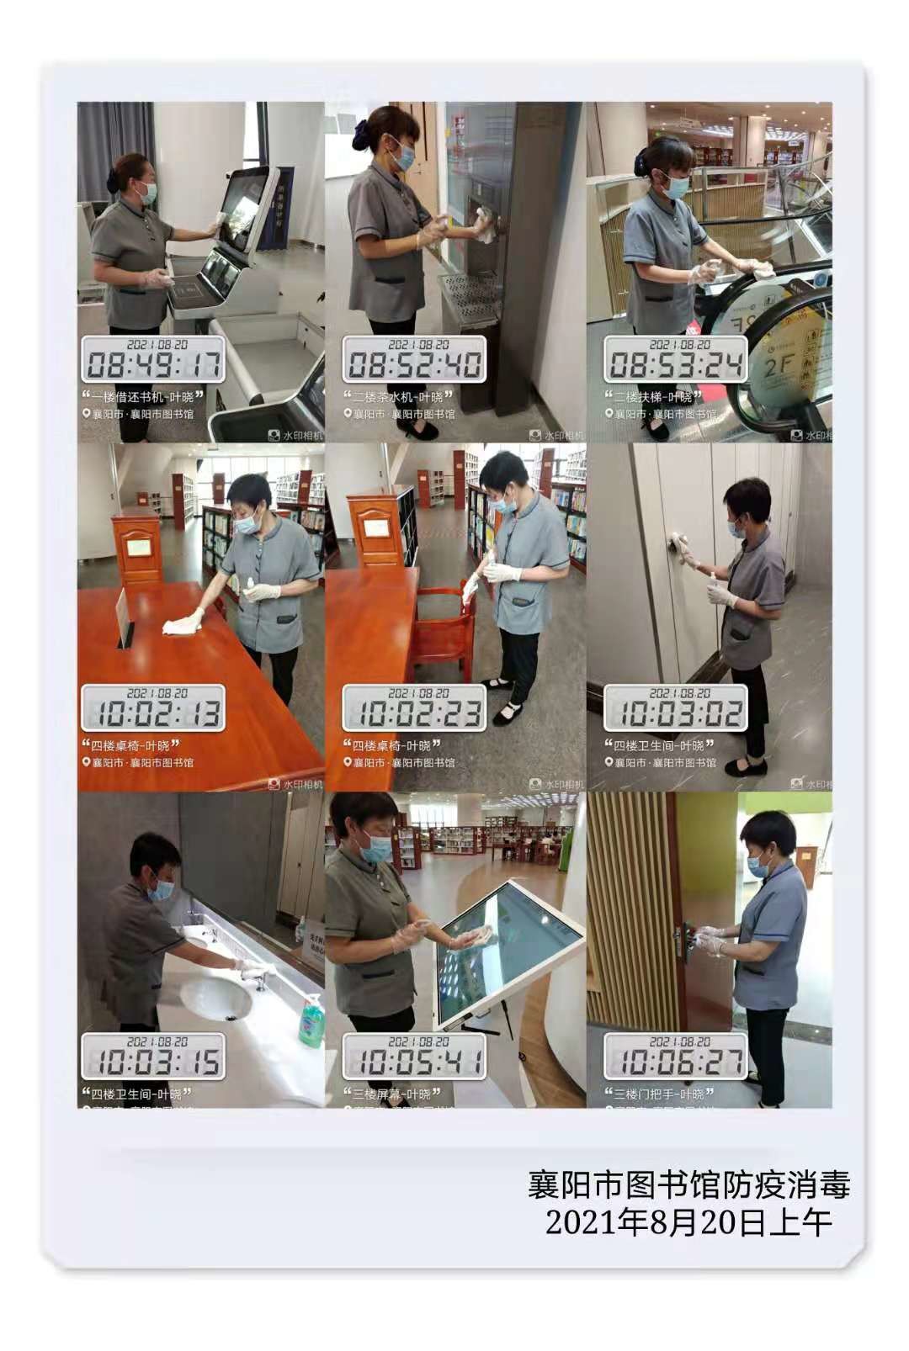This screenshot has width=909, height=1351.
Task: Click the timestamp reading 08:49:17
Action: tap(153, 364)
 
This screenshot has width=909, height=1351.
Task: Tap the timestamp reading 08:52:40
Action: tap(414, 364)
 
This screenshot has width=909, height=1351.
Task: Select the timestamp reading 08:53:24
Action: tap(676, 364)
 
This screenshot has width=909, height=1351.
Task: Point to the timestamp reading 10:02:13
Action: tap(153, 713)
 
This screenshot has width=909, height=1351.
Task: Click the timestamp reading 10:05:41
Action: tap(414, 1062)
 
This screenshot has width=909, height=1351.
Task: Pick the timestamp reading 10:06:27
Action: tap(676, 1062)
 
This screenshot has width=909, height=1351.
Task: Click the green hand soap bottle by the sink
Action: tap(311, 1021)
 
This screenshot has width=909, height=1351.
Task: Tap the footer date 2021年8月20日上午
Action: tap(688, 1222)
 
